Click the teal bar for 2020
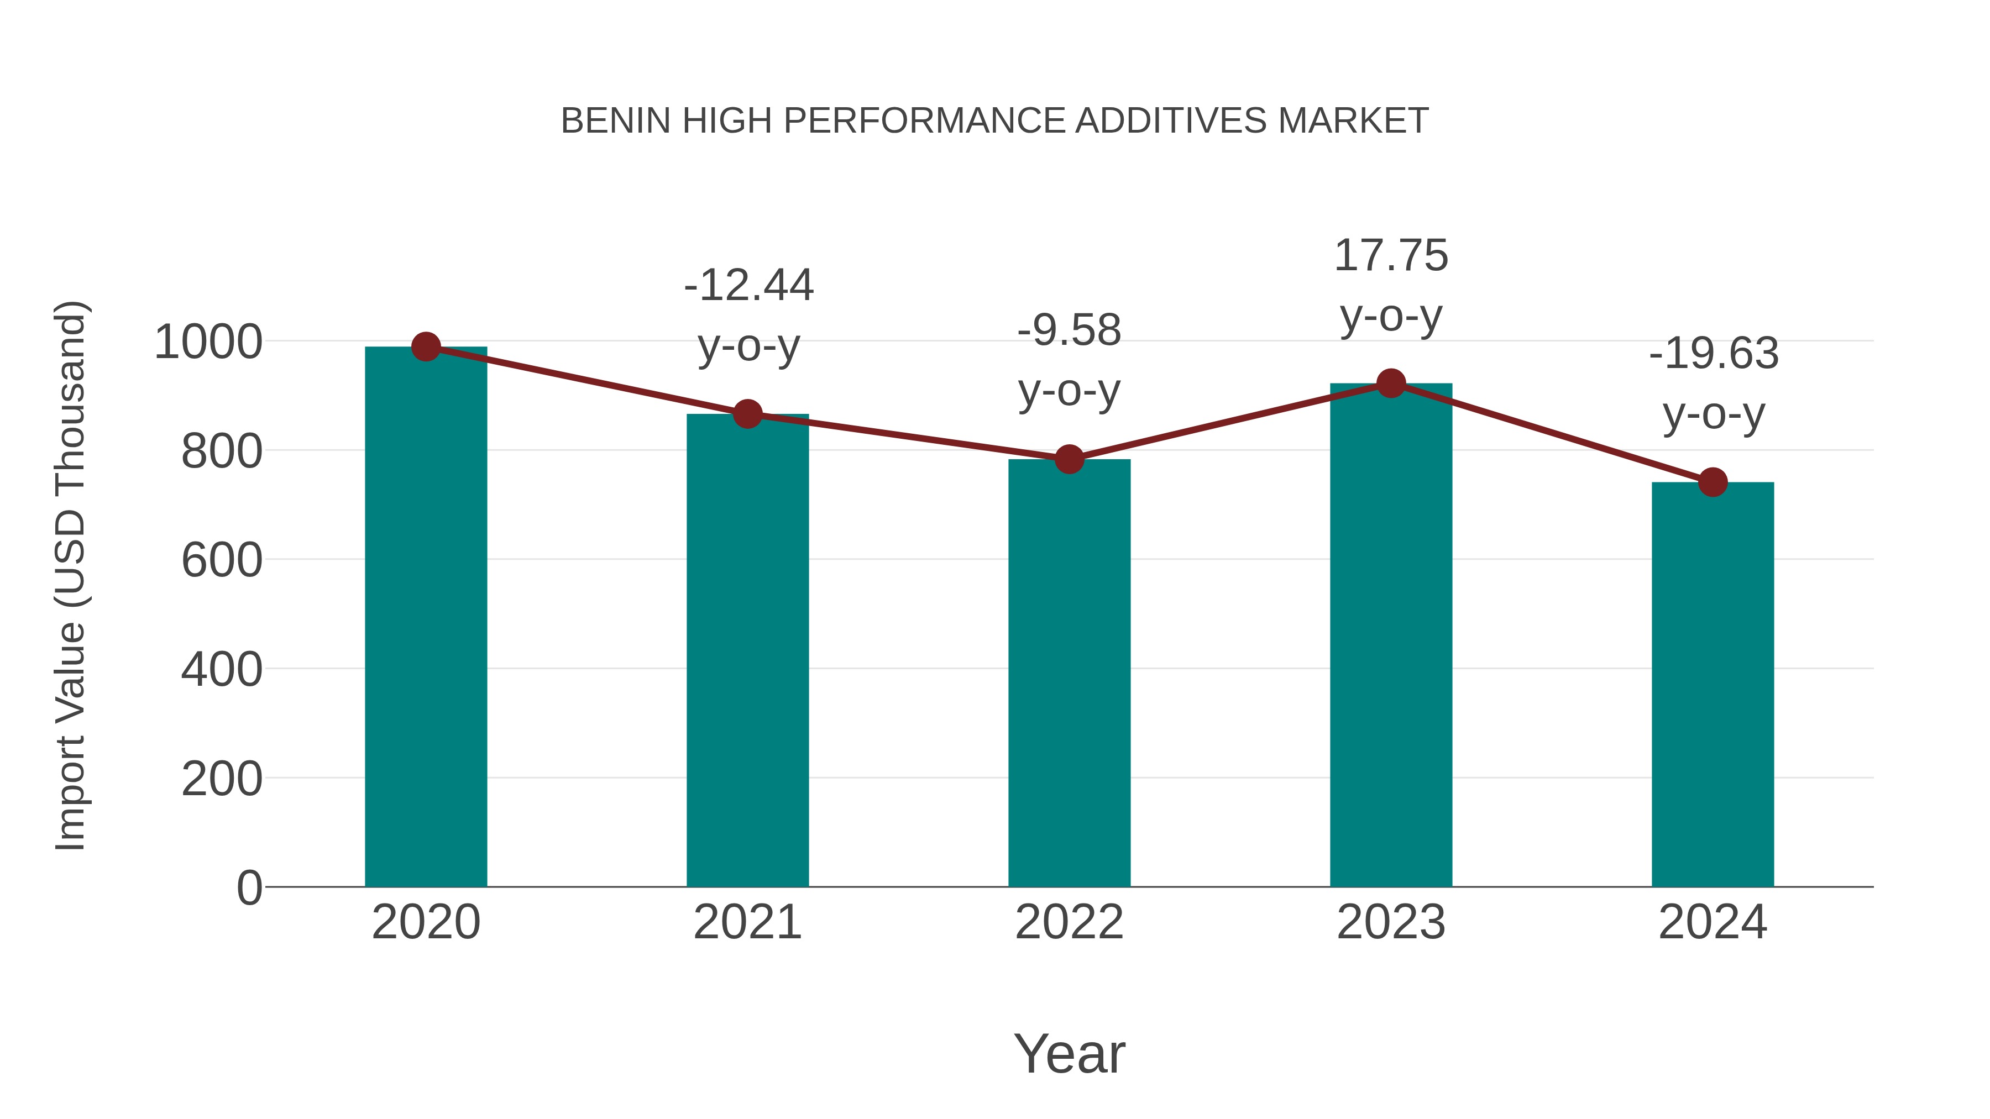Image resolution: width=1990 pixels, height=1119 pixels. click(x=426, y=618)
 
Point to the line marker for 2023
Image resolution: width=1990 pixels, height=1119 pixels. click(x=1391, y=383)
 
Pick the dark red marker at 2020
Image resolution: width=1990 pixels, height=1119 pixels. click(x=426, y=346)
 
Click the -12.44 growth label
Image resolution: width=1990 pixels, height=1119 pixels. click(x=748, y=285)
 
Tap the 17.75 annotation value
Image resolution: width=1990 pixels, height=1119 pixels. click(x=1391, y=256)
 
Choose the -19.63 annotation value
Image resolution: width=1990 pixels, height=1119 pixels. click(x=1714, y=354)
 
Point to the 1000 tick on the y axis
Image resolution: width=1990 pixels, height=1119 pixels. click(x=208, y=342)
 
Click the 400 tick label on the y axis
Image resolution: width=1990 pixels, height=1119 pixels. click(x=222, y=670)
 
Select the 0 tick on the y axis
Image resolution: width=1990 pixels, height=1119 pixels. click(x=249, y=887)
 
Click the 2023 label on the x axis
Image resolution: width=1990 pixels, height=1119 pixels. click(x=1391, y=922)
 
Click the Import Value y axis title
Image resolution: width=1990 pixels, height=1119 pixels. click(x=71, y=575)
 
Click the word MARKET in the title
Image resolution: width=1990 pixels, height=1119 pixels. click(x=1353, y=121)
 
